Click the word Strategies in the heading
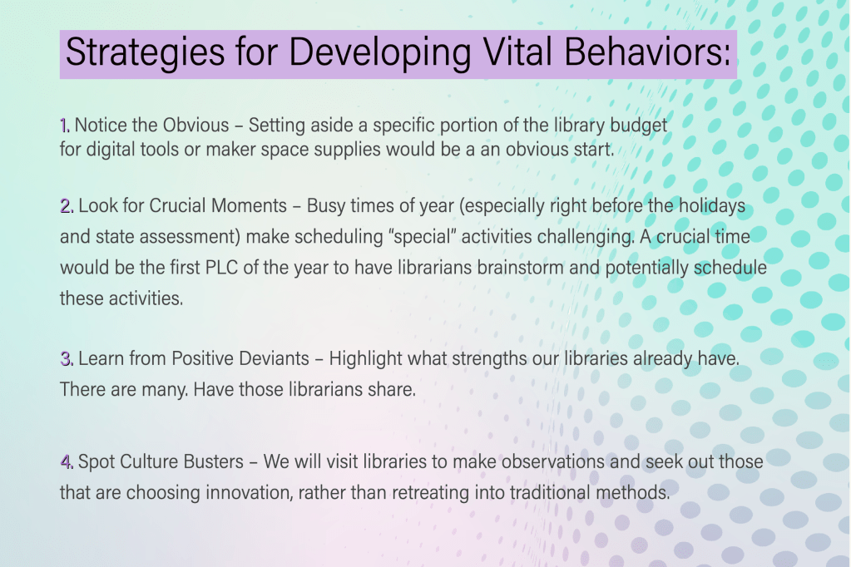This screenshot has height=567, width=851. (145, 52)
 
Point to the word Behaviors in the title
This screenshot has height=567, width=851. (647, 52)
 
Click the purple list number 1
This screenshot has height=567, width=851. (65, 126)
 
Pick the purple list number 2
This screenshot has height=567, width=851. (67, 206)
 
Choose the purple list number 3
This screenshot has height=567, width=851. (67, 358)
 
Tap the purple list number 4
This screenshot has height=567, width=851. (67, 461)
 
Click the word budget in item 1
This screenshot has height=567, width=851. (639, 126)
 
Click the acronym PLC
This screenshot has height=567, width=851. (221, 268)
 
